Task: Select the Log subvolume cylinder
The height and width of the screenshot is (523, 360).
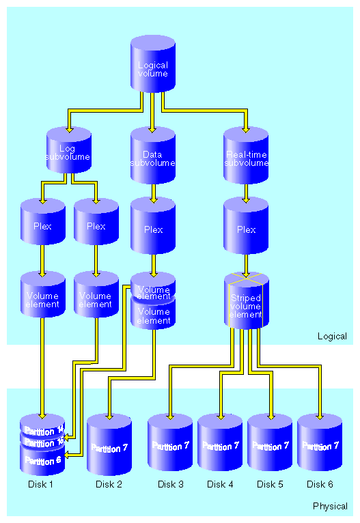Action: click(x=68, y=153)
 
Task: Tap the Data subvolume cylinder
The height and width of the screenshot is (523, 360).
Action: click(x=153, y=158)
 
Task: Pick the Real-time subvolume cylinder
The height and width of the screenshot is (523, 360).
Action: click(x=246, y=158)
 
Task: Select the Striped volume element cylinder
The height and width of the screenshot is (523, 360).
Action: click(x=246, y=305)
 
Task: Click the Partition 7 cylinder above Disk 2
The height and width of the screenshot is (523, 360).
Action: click(x=109, y=448)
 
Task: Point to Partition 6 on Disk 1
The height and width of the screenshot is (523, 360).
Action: click(x=43, y=462)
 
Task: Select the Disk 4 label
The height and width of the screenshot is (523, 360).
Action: click(x=220, y=484)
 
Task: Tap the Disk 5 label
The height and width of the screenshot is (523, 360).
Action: click(x=270, y=484)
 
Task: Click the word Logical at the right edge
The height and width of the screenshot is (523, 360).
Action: click(x=332, y=336)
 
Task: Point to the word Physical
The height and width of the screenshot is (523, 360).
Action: click(x=330, y=506)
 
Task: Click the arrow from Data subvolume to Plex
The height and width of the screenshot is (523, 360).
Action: click(x=154, y=193)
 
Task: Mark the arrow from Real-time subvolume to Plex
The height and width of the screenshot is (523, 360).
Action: click(x=246, y=193)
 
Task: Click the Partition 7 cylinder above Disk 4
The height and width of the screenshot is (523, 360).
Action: click(x=220, y=447)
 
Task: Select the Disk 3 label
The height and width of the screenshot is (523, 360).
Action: click(x=171, y=484)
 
